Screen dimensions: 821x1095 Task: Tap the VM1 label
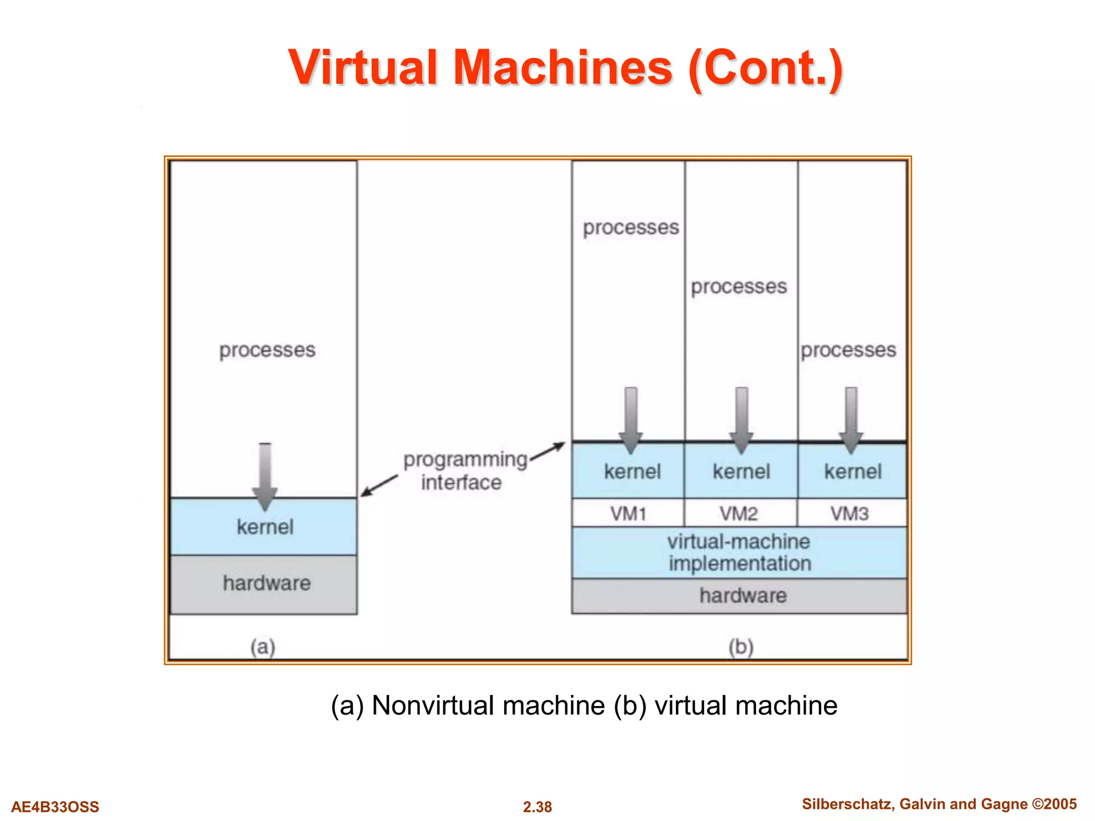click(x=628, y=514)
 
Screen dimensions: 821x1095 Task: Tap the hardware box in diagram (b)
click(x=743, y=595)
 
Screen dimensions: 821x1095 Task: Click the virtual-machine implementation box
click(x=739, y=552)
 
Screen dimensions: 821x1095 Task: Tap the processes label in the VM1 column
click(x=631, y=228)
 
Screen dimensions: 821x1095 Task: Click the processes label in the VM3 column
click(x=848, y=350)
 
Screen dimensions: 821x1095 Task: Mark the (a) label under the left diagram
click(x=263, y=647)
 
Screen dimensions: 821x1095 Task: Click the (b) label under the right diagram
click(x=741, y=647)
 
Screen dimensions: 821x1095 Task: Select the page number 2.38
click(x=537, y=807)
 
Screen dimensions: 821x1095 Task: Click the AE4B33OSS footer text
click(x=55, y=807)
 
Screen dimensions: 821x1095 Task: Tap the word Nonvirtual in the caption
click(x=488, y=706)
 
